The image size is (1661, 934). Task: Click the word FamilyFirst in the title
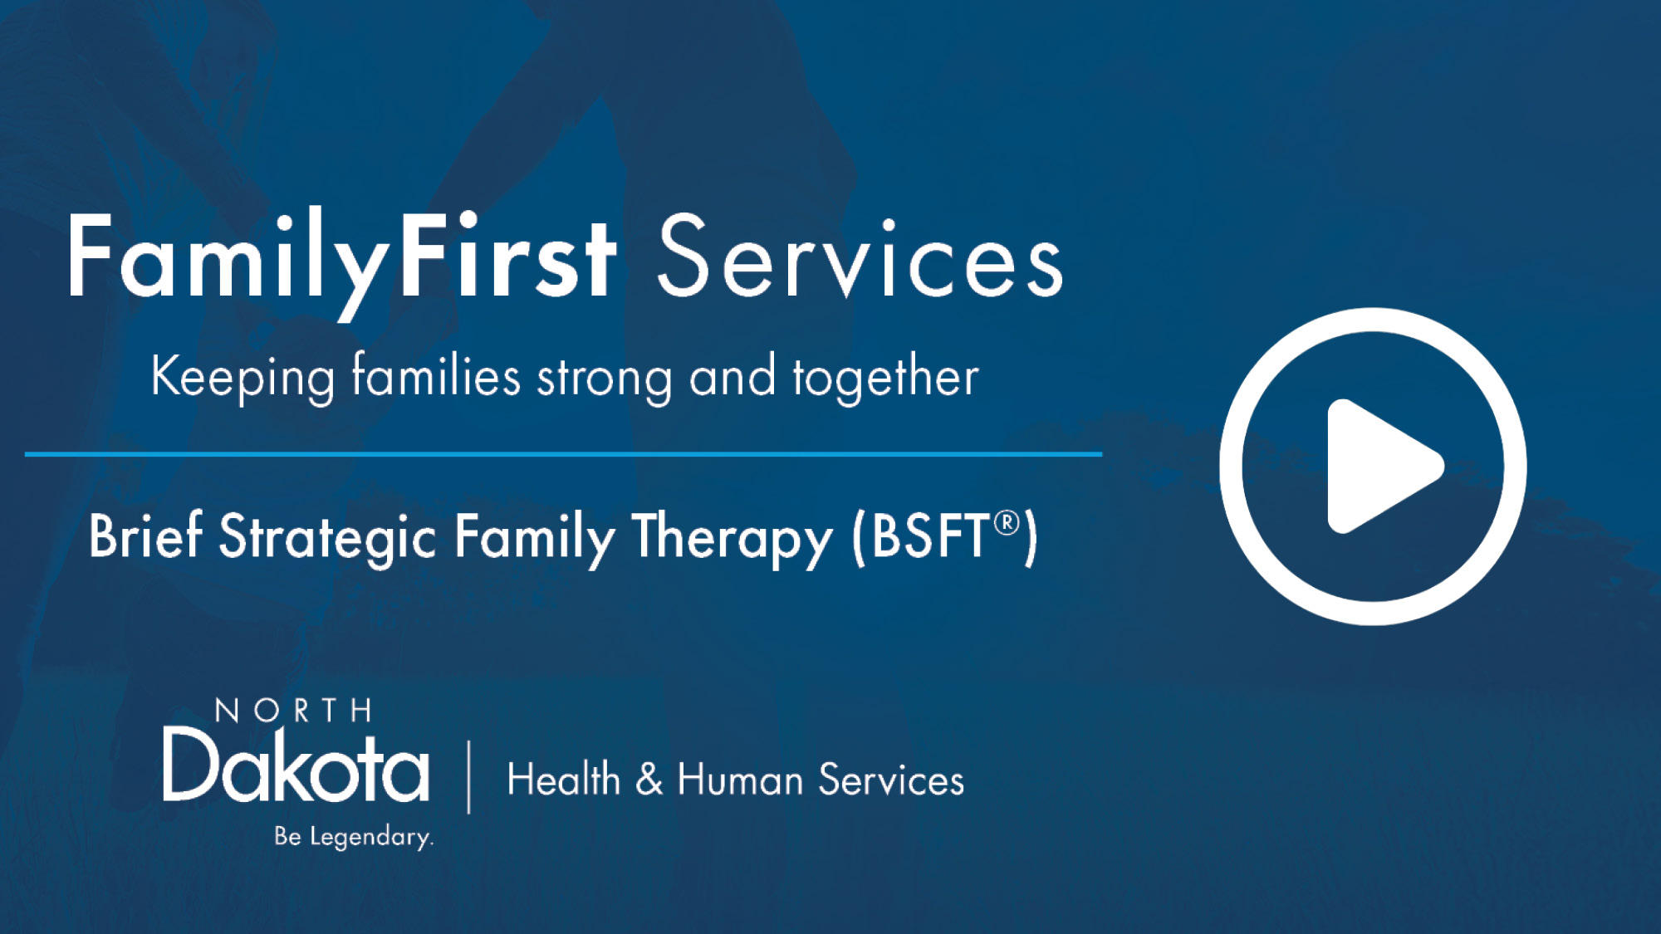click(x=341, y=257)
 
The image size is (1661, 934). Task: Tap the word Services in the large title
click(x=860, y=257)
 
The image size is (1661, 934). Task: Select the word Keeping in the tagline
click(x=243, y=378)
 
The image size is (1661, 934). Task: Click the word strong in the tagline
click(x=605, y=379)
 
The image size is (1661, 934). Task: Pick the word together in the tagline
click(x=885, y=378)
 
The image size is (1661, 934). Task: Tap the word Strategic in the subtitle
click(x=327, y=538)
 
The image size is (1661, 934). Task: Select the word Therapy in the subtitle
click(x=732, y=538)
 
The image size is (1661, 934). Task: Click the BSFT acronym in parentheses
click(x=930, y=536)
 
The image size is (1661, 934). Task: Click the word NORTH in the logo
click(x=293, y=711)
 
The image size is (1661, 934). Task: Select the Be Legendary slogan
click(x=354, y=836)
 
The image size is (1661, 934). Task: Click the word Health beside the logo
click(x=563, y=780)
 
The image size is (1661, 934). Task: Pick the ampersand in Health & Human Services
click(x=649, y=780)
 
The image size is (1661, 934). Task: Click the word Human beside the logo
click(x=740, y=780)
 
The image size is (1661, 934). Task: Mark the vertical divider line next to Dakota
click(x=469, y=776)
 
